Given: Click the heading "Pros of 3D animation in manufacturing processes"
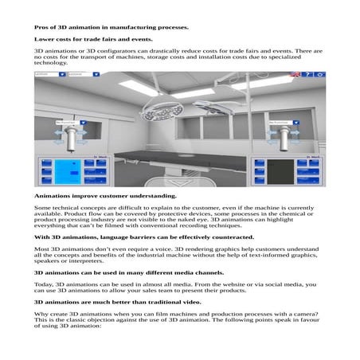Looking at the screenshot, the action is [x=111, y=27].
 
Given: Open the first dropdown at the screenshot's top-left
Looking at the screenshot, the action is [x=50, y=74].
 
